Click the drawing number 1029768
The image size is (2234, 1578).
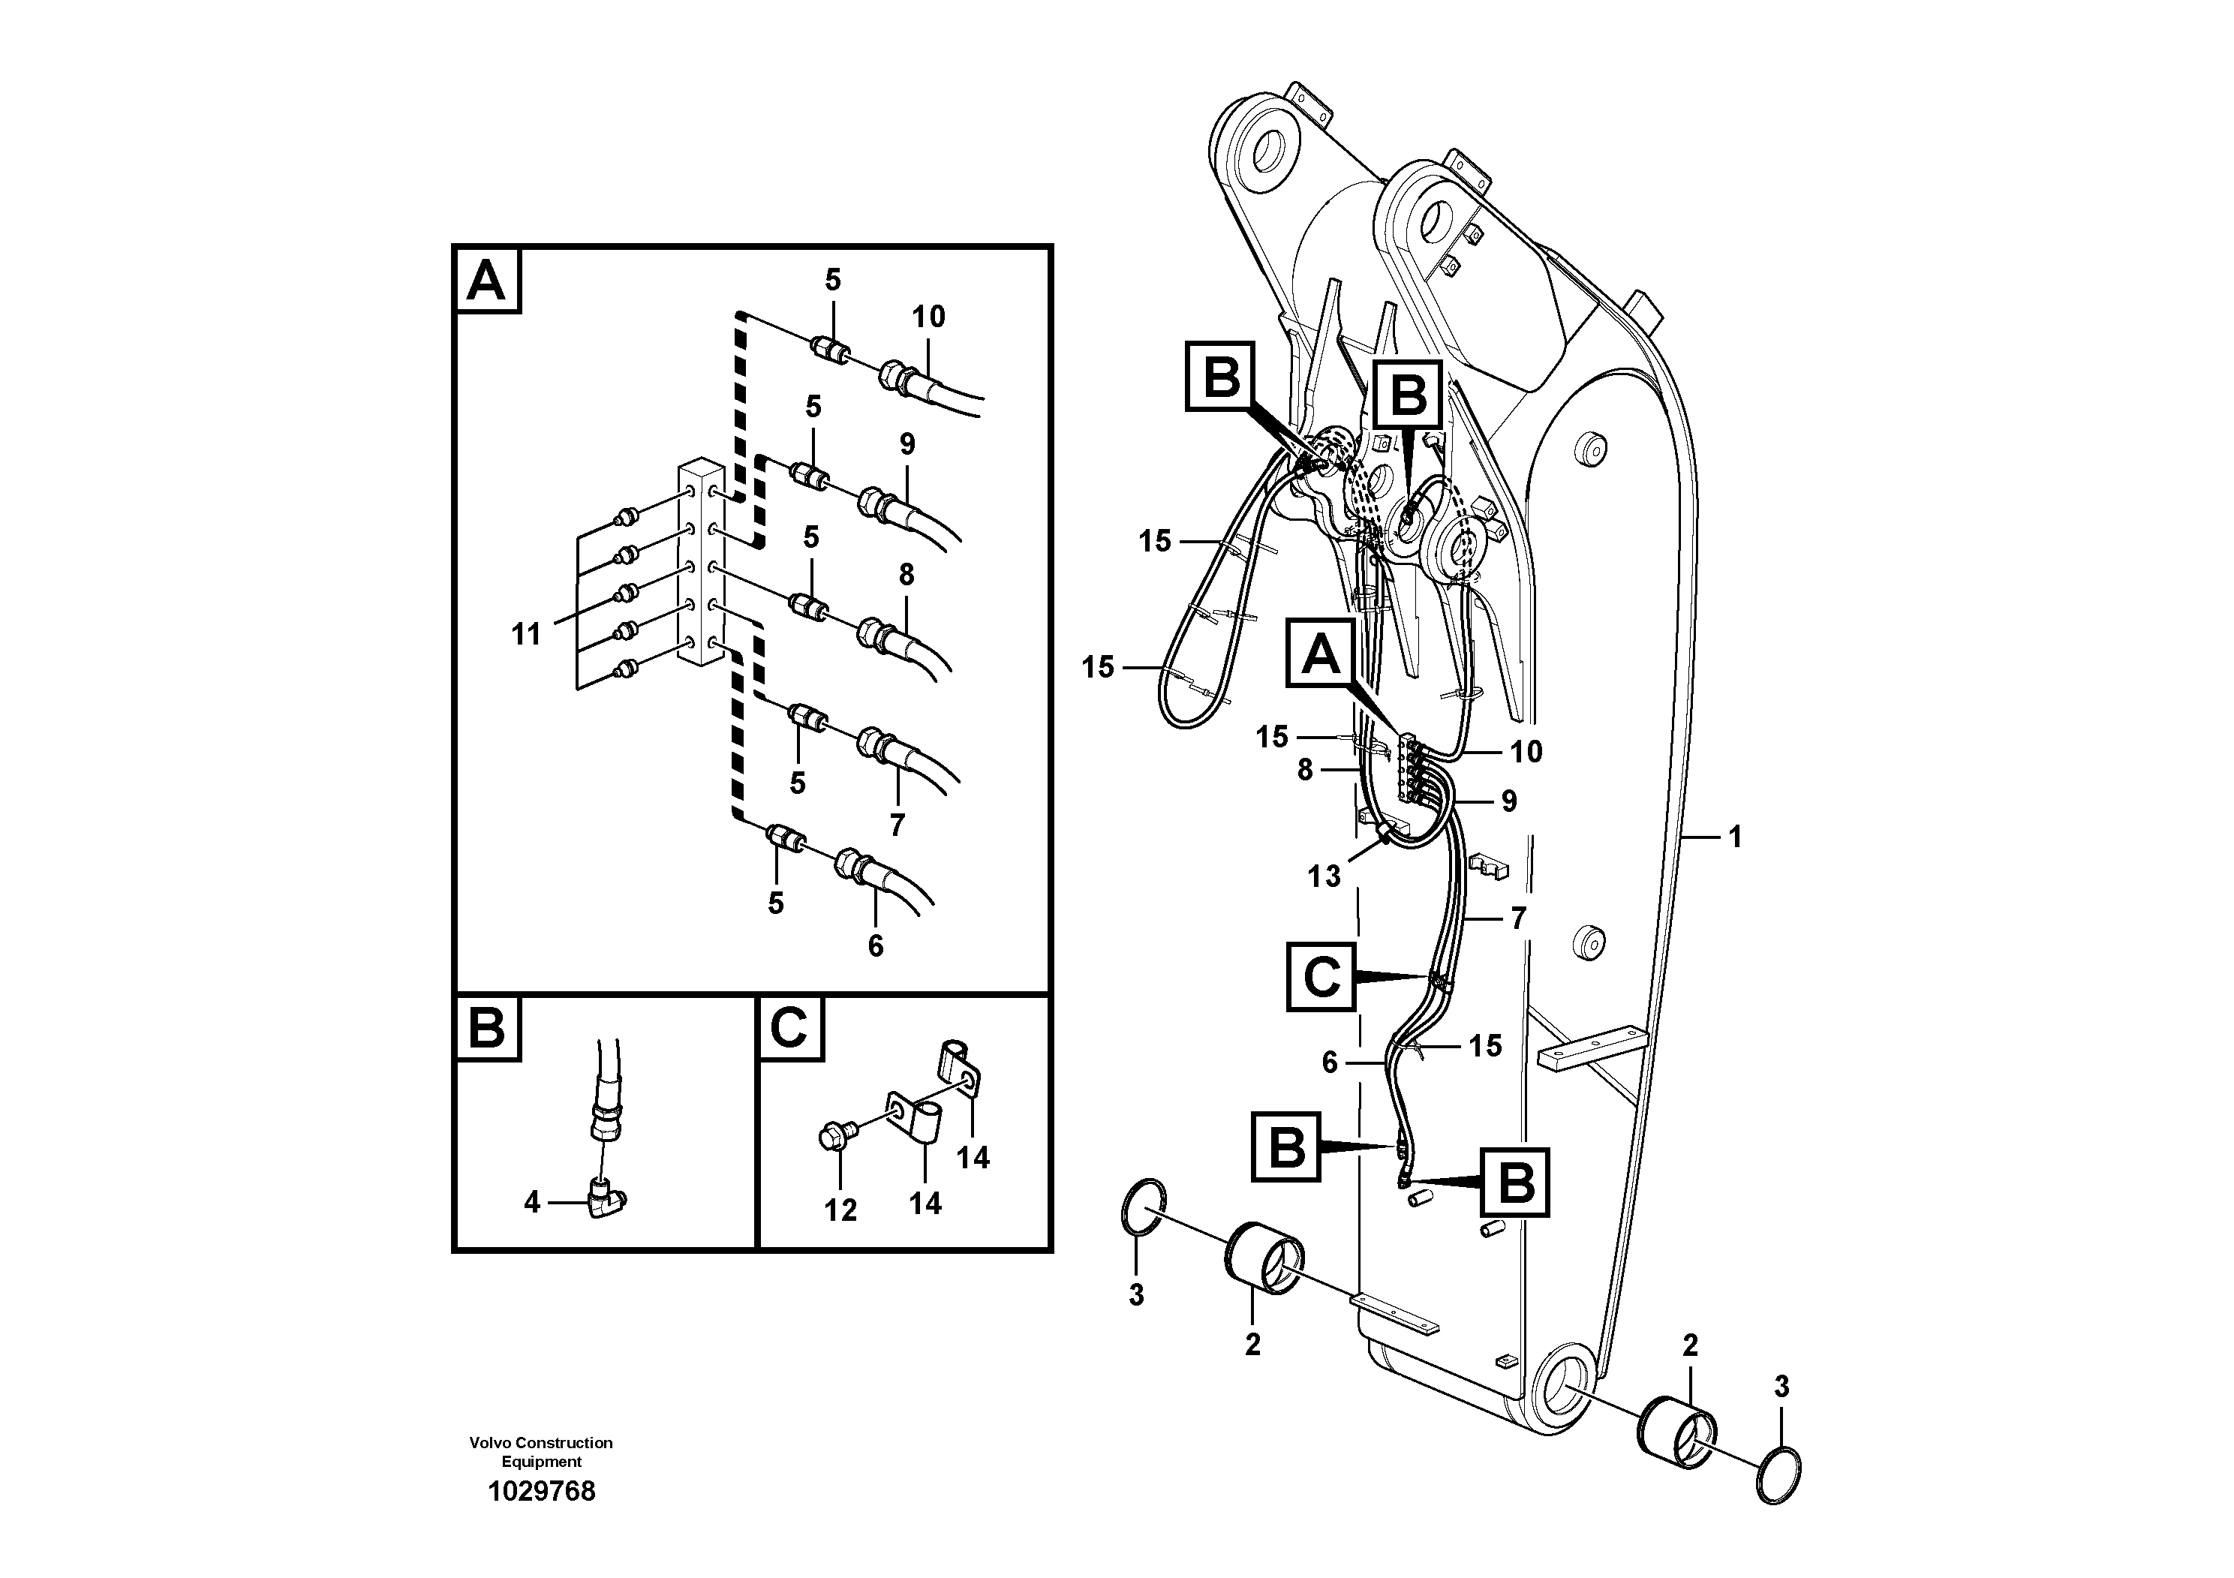tap(541, 1492)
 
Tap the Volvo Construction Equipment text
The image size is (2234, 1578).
tap(541, 1451)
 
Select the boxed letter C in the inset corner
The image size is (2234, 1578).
tap(789, 1027)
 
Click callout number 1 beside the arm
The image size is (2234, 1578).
tap(1734, 837)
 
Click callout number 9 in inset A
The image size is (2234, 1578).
tap(907, 445)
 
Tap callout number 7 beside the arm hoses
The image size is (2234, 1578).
tap(1518, 918)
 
